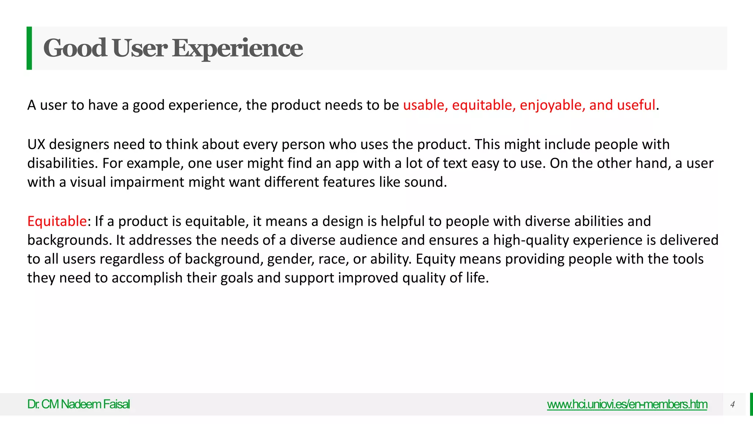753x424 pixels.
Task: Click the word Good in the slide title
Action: [75, 48]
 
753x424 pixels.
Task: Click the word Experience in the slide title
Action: [238, 48]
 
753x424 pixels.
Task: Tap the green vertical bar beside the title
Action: [29, 48]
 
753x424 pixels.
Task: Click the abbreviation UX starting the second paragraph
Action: [36, 144]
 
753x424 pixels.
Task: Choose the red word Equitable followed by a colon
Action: [57, 221]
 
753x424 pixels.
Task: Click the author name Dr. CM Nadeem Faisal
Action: [78, 404]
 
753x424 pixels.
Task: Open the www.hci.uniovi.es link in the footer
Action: [627, 404]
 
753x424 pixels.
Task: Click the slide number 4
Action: [732, 404]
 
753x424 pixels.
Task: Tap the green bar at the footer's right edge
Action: [751, 404]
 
